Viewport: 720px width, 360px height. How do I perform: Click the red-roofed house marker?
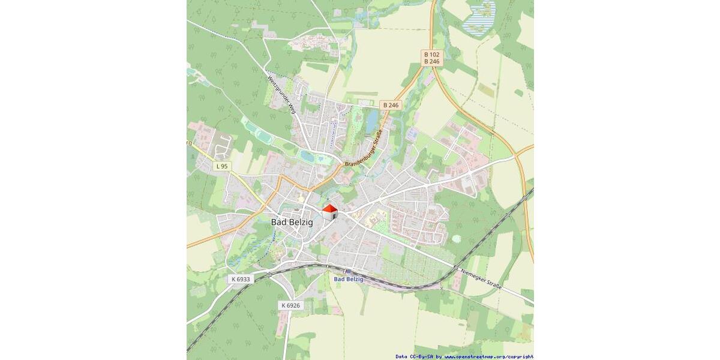click(330, 212)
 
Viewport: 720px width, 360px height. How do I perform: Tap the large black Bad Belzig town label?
click(292, 222)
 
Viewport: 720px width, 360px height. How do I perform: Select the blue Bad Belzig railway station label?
click(348, 279)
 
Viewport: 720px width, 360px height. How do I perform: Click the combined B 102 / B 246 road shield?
click(431, 58)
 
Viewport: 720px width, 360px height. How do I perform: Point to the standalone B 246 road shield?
click(390, 105)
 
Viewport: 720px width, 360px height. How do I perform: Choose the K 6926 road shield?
click(290, 305)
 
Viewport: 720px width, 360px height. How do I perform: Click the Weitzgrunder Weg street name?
click(281, 95)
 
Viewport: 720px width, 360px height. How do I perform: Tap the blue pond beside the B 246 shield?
click(372, 121)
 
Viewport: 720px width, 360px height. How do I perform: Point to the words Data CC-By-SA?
click(415, 356)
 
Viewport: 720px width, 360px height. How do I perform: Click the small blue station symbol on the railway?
click(347, 271)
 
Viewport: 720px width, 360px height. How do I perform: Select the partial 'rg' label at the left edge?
click(189, 143)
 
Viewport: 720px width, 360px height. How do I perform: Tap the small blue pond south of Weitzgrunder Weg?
click(307, 156)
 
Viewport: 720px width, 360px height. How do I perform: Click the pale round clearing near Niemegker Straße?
click(457, 238)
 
